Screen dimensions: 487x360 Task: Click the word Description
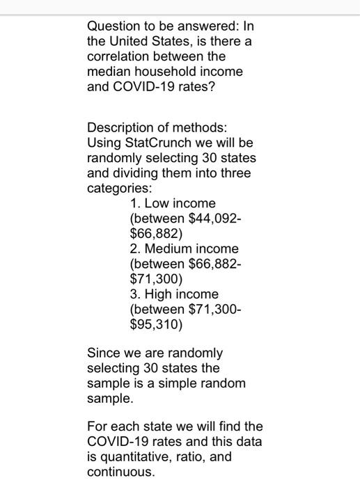[x=122, y=127]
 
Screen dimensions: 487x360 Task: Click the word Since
[x=104, y=353]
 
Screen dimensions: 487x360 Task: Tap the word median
[x=109, y=72]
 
